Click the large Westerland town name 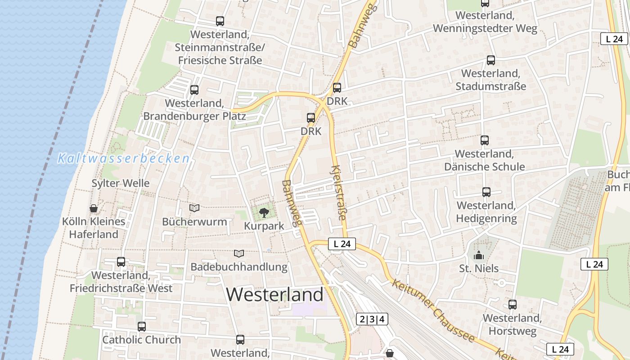click(274, 295)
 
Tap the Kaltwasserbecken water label click(124, 158)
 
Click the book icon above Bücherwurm click(194, 208)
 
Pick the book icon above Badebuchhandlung click(238, 254)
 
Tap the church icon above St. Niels click(479, 256)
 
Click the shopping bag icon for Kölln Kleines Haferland click(94, 208)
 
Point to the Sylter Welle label click(121, 183)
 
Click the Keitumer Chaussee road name click(432, 310)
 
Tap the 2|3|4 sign click(372, 319)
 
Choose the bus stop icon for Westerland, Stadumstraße click(491, 60)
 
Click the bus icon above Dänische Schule click(485, 140)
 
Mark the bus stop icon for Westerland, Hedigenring click(486, 192)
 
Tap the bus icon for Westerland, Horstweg click(513, 305)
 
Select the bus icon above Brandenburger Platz click(194, 90)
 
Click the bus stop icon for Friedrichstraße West click(121, 262)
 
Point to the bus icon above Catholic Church click(142, 327)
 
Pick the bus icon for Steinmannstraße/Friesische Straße click(220, 21)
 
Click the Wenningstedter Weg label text click(485, 29)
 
